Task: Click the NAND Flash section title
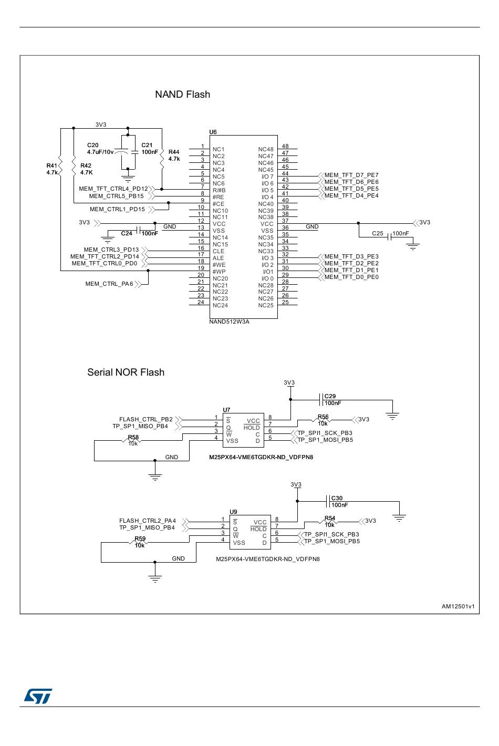pyautogui.click(x=182, y=94)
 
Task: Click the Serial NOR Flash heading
pyautogui.click(x=126, y=372)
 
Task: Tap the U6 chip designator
pyautogui.click(x=213, y=132)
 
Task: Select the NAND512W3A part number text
pyautogui.click(x=229, y=322)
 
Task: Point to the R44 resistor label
pyautogui.click(x=174, y=152)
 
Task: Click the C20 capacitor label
pyautogui.click(x=92, y=145)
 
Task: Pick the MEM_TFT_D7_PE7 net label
pyautogui.click(x=351, y=175)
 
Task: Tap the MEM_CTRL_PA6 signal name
pyautogui.click(x=109, y=284)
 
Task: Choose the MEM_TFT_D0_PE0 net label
pyautogui.click(x=351, y=277)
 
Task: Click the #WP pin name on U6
pyautogui.click(x=219, y=272)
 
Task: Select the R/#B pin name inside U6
pyautogui.click(x=219, y=190)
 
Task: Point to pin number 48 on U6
pyautogui.click(x=285, y=146)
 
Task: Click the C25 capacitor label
pyautogui.click(x=378, y=233)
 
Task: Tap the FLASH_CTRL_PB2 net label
pyautogui.click(x=146, y=419)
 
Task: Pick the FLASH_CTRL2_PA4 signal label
pyautogui.click(x=148, y=521)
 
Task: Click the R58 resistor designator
pyautogui.click(x=133, y=437)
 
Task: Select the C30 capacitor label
pyautogui.click(x=337, y=498)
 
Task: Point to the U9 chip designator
pyautogui.click(x=233, y=512)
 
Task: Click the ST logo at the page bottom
pyautogui.click(x=38, y=696)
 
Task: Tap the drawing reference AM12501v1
pyautogui.click(x=458, y=606)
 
